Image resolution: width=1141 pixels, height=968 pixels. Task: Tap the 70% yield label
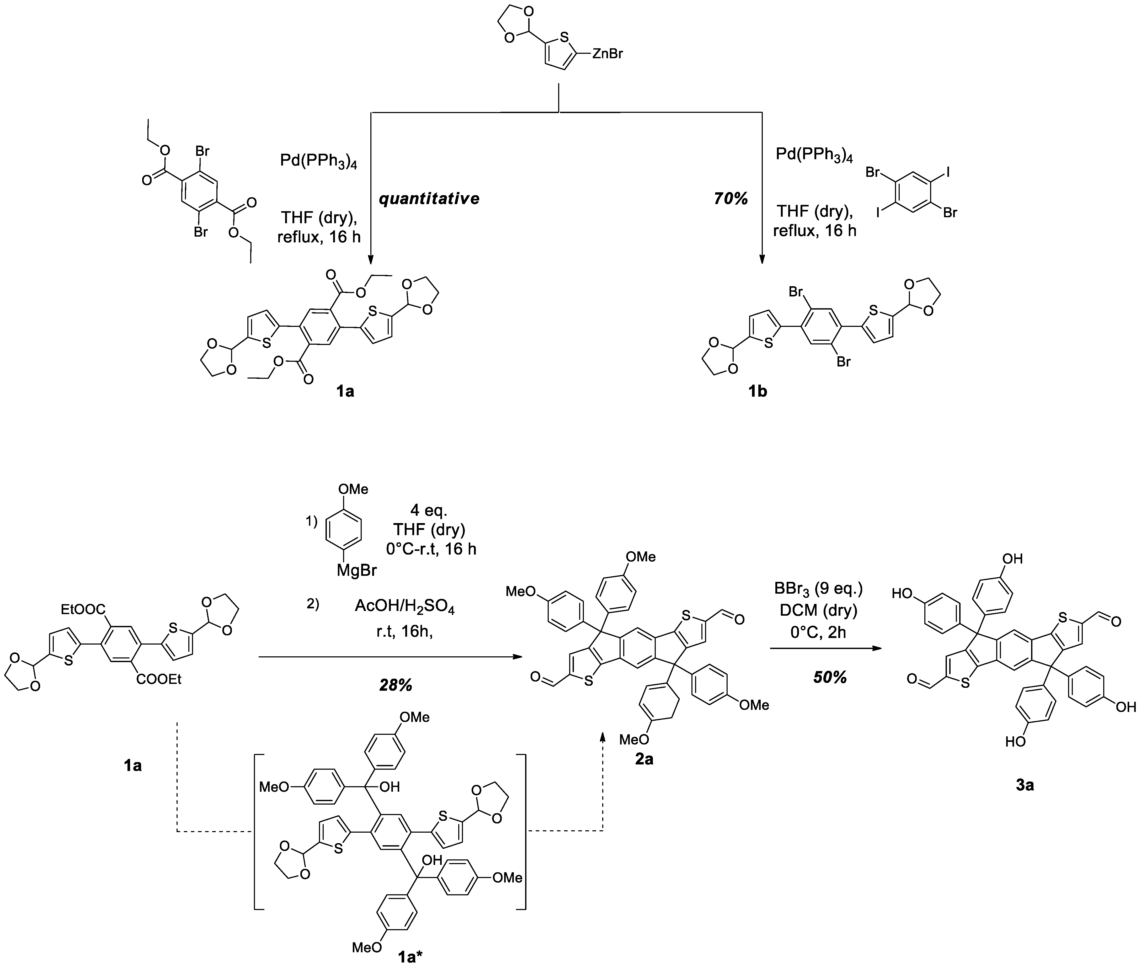pos(731,199)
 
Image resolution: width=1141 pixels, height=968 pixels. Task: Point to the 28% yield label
pos(396,685)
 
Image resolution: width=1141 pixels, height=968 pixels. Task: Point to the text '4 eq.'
pos(429,510)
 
